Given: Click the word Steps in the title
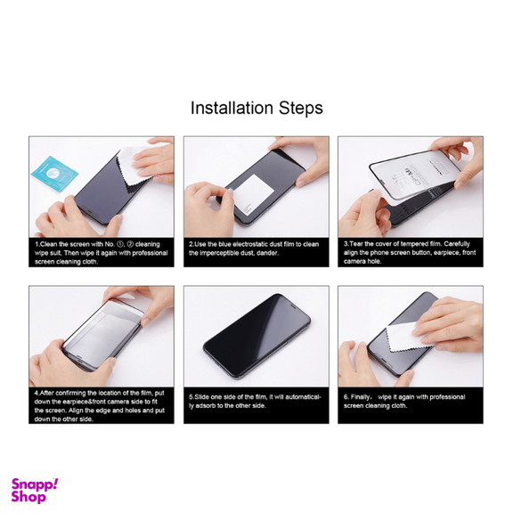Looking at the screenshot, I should point(300,110).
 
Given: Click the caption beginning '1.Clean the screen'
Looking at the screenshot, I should point(101,252).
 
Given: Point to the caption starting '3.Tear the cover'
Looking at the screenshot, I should point(409,252).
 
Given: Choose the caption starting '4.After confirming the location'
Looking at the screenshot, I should point(101,404).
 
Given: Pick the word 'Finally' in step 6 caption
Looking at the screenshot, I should point(364,396).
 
